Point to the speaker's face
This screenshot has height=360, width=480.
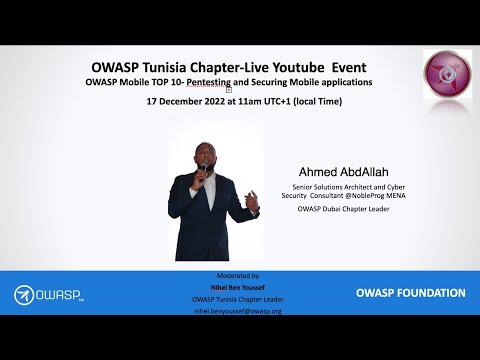[x=210, y=156]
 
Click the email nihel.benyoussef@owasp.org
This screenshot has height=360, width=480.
[x=237, y=311]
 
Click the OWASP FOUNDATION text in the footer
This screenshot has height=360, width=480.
[x=410, y=293]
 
